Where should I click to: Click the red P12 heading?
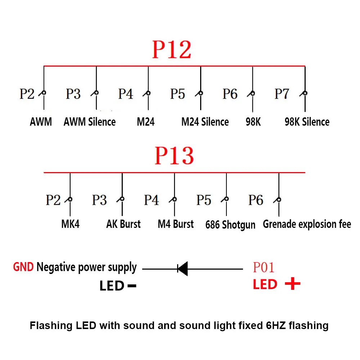[x=172, y=50]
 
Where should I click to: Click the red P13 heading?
[x=174, y=156]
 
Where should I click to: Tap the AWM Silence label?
[x=90, y=122]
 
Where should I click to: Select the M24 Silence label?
[x=205, y=122]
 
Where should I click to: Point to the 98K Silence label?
[x=307, y=122]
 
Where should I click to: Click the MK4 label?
[x=70, y=224]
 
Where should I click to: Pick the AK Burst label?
[x=123, y=224]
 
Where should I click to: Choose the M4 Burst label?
[x=176, y=224]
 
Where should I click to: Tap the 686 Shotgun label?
[x=230, y=225]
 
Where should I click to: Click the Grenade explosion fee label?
[x=307, y=224]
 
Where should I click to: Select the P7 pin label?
[x=282, y=94]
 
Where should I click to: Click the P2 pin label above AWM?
[x=27, y=94]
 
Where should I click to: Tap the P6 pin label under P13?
[x=256, y=200]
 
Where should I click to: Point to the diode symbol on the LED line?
[x=183, y=269]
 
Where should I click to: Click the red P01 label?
[x=264, y=267]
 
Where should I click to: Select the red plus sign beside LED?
[x=292, y=284]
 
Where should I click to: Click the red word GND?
[x=23, y=267]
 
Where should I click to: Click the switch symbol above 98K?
[x=252, y=94]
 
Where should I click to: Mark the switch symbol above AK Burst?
[x=121, y=199]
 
